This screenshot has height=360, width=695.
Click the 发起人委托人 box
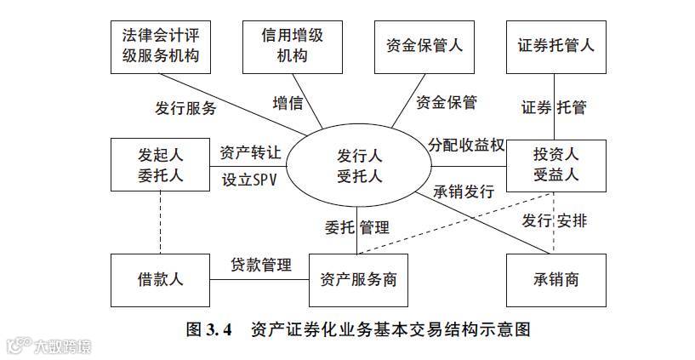161,165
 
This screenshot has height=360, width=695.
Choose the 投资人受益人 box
555,165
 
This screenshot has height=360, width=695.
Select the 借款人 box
161,279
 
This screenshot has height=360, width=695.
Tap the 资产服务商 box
358,279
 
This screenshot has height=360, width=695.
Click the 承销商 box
555,279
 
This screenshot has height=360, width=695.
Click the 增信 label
288,103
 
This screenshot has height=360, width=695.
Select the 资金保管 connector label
447,103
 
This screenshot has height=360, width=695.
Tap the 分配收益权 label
466,145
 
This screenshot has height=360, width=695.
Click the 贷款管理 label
261,264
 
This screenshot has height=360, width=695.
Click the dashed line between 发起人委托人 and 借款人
161,222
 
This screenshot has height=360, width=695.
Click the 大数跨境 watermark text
61,346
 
